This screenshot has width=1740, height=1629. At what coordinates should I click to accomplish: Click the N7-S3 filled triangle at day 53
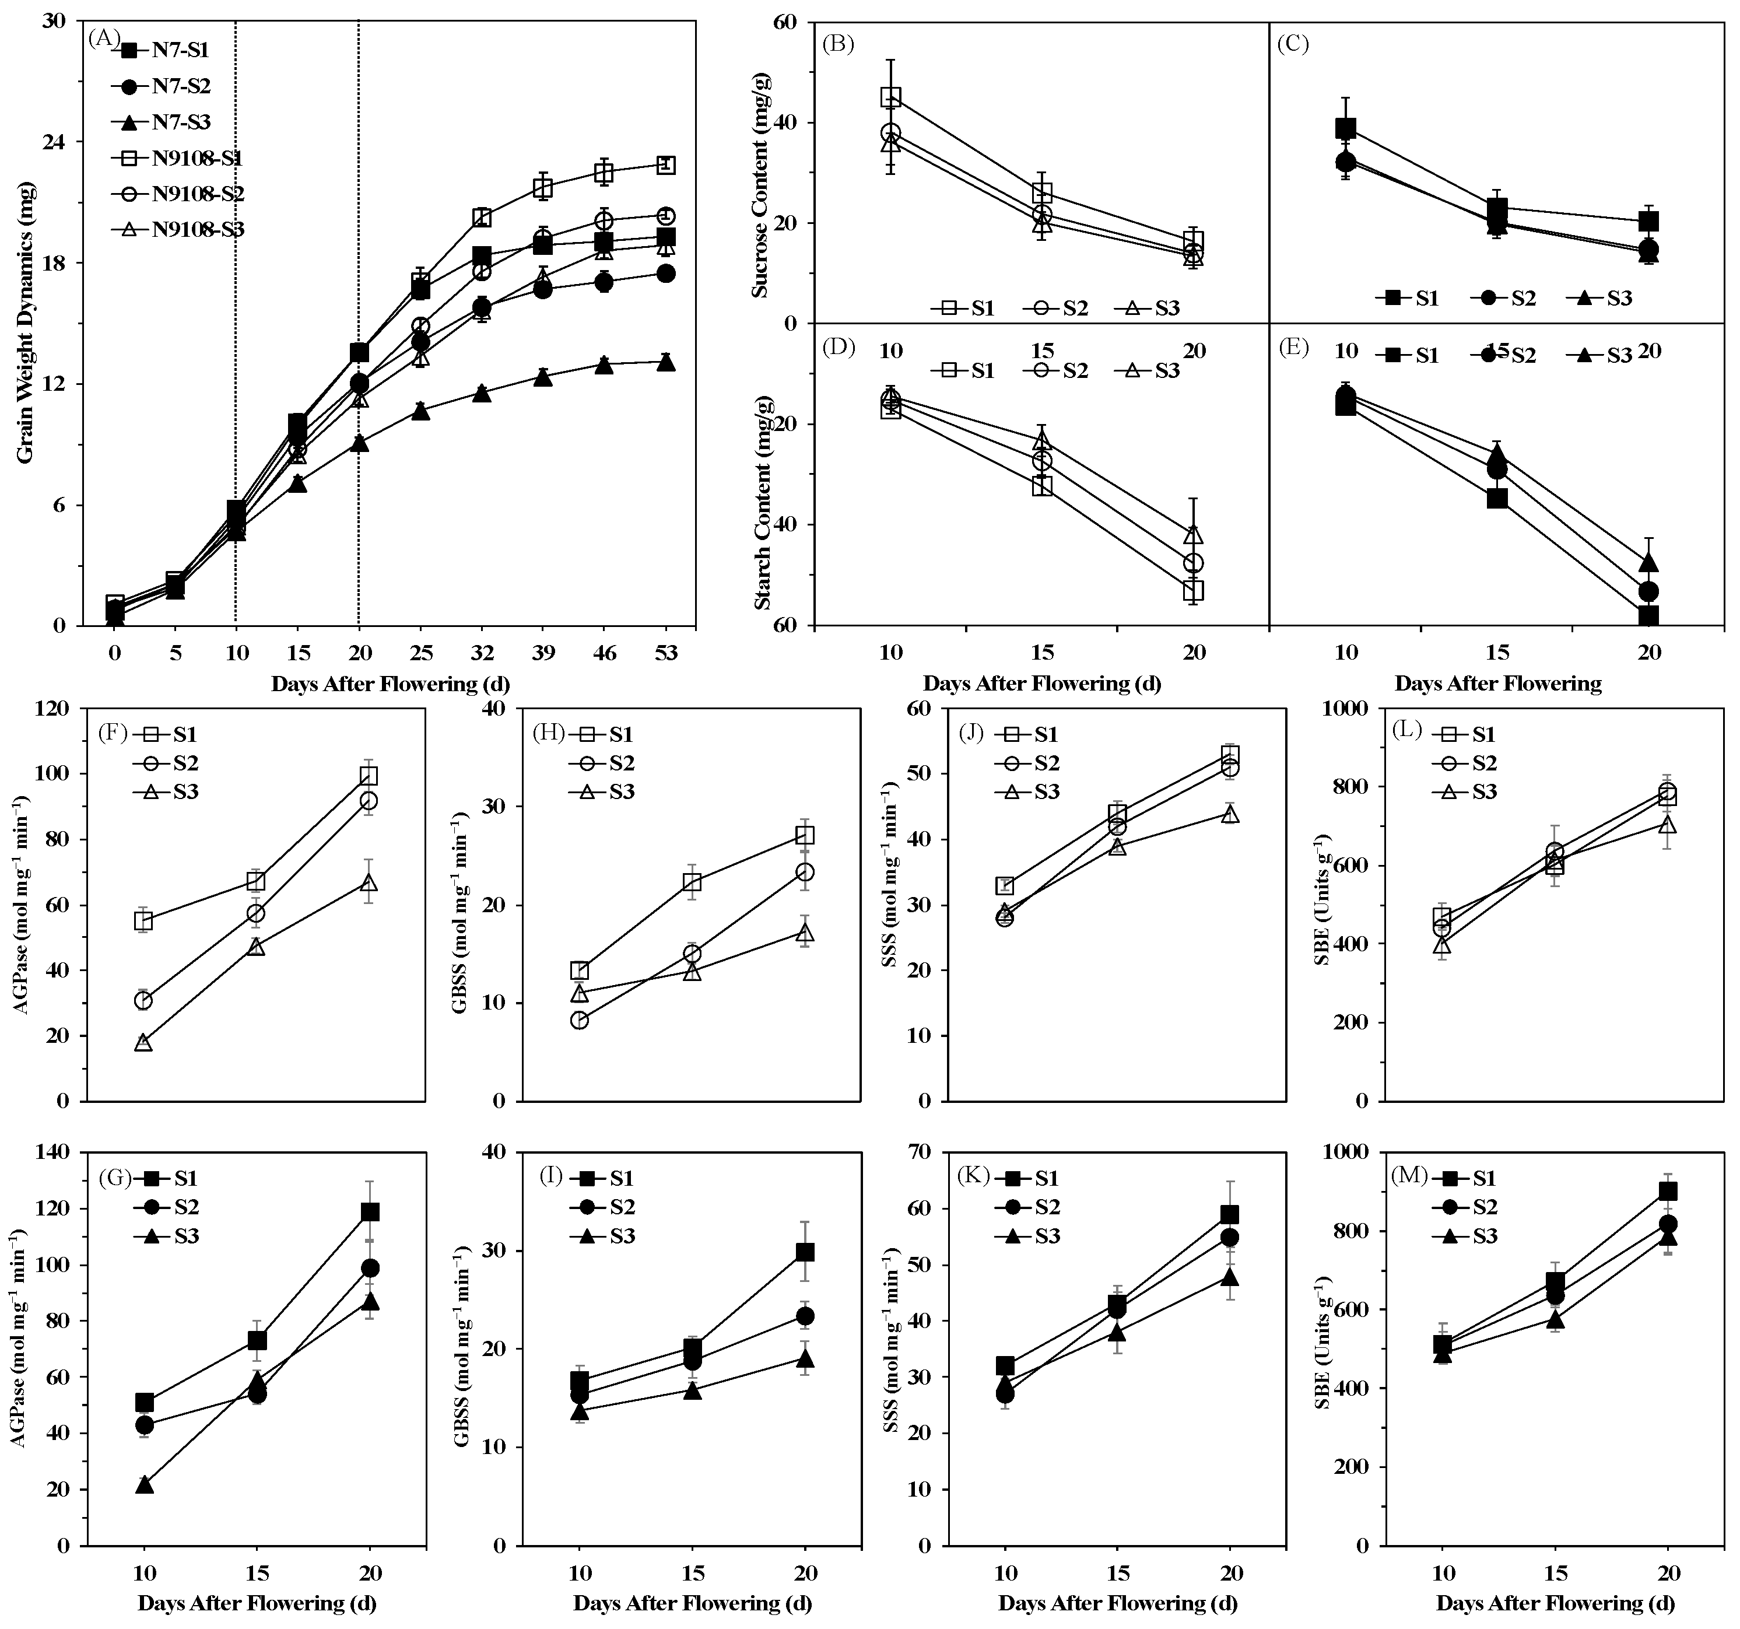point(665,362)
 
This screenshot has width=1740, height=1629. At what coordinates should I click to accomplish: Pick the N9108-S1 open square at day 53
point(665,164)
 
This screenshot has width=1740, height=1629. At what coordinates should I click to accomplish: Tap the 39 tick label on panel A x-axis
point(543,654)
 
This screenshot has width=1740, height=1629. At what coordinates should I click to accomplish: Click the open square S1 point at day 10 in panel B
point(891,97)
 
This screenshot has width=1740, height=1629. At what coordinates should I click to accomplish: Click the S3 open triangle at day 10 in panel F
point(143,1042)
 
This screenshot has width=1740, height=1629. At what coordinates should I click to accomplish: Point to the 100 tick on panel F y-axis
point(56,774)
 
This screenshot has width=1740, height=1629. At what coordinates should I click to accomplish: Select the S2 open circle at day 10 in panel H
point(580,1020)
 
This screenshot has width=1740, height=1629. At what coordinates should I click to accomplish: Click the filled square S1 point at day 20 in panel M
point(1668,1192)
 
